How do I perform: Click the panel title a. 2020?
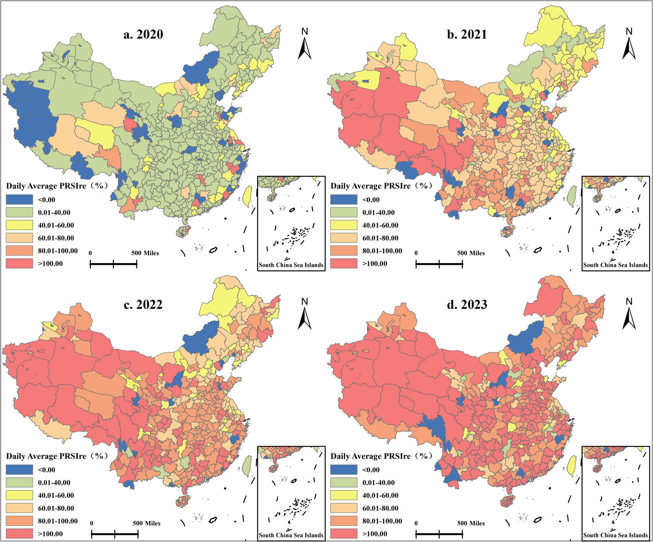click(x=143, y=34)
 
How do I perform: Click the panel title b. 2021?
click(x=467, y=34)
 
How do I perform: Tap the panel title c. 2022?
click(x=143, y=304)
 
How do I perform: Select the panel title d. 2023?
click(x=467, y=304)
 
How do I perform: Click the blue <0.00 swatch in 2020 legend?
click(x=19, y=200)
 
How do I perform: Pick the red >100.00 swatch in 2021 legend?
click(x=344, y=263)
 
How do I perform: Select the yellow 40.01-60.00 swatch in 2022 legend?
click(x=19, y=495)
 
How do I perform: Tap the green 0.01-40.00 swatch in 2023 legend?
click(x=344, y=483)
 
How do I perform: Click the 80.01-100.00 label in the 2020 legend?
click(x=58, y=251)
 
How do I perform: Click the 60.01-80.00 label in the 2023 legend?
click(x=380, y=508)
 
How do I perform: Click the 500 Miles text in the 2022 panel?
click(x=146, y=523)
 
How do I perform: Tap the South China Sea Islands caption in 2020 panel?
click(x=291, y=265)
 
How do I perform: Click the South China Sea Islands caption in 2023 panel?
click(x=616, y=535)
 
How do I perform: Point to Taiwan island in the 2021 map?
click(x=572, y=196)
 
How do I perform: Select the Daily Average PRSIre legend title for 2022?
click(x=57, y=456)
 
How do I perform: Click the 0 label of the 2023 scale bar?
click(x=416, y=523)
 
